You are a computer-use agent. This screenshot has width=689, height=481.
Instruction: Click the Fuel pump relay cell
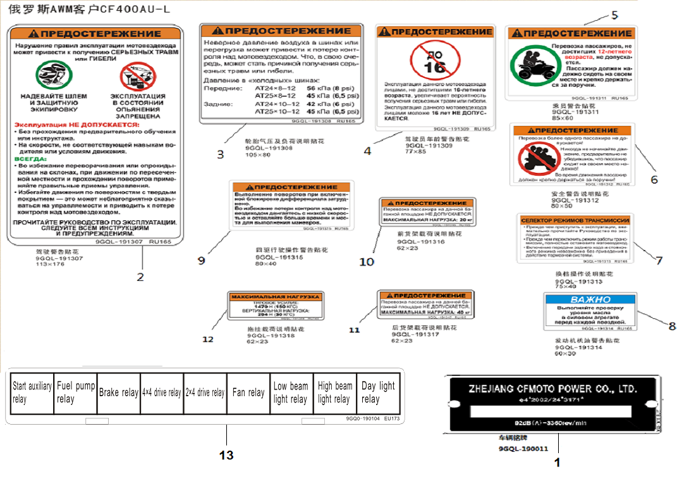(x=76, y=392)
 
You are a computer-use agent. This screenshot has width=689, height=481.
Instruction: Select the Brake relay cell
(x=119, y=392)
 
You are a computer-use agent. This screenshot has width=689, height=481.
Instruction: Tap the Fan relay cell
(x=248, y=392)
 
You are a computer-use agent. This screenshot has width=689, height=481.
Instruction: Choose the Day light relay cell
(x=378, y=392)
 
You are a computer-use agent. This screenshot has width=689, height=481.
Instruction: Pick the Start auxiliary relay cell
(x=32, y=392)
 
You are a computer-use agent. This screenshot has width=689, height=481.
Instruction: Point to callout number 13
(x=226, y=455)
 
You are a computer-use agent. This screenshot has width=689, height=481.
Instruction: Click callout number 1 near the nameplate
(x=557, y=463)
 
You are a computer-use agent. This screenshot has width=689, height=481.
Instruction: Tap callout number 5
(x=614, y=15)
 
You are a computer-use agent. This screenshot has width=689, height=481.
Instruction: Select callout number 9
(x=202, y=260)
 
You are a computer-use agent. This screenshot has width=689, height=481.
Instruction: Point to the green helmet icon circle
(x=53, y=75)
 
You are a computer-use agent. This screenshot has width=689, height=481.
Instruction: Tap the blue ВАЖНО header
(x=590, y=299)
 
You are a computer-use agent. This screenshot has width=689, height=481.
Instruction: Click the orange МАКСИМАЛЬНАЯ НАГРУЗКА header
(x=275, y=296)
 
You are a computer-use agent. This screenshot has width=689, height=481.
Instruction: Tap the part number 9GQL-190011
(x=523, y=448)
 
